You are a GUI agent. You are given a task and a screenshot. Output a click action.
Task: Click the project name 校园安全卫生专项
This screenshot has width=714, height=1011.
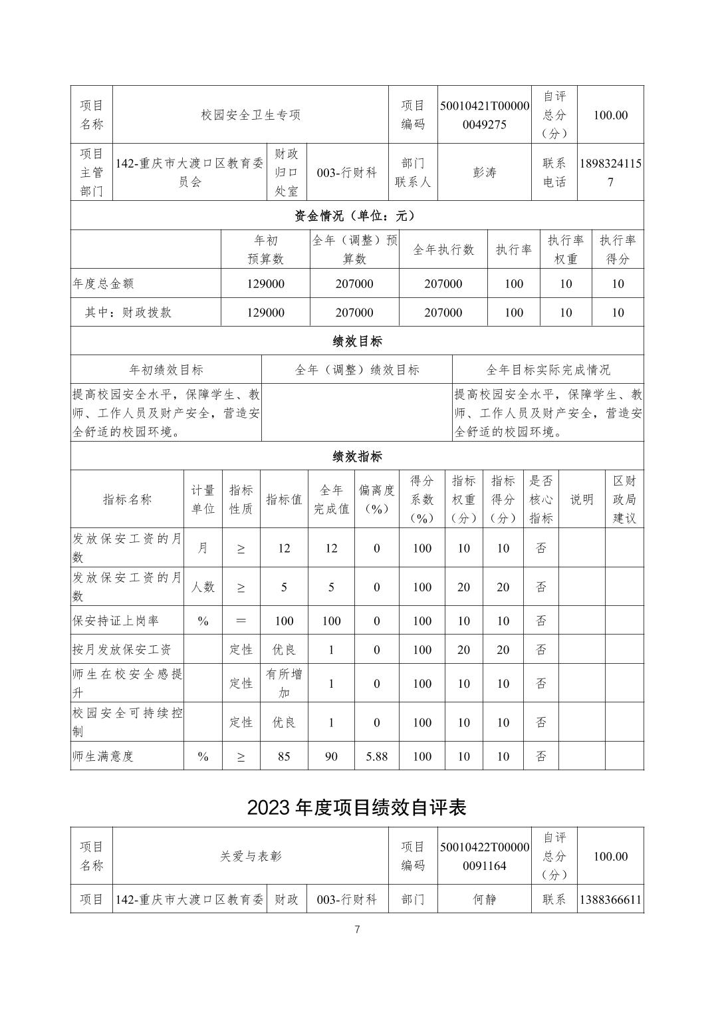pyautogui.click(x=251, y=115)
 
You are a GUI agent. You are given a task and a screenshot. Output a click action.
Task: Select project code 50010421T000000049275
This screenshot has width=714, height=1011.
pyautogui.click(x=485, y=115)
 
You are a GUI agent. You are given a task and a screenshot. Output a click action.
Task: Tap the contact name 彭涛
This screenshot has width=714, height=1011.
pyautogui.click(x=485, y=172)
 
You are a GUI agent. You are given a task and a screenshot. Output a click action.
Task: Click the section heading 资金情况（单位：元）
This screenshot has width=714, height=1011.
pyautogui.click(x=356, y=216)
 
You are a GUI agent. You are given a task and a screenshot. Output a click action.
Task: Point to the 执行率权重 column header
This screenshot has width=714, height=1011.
pyautogui.click(x=566, y=249)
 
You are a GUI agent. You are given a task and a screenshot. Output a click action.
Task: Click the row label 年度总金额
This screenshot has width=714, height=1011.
pyautogui.click(x=103, y=283)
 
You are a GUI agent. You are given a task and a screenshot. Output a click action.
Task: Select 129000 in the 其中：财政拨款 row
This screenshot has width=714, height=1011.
pyautogui.click(x=265, y=313)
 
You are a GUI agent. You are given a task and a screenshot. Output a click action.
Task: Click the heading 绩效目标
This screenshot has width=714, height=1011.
pyautogui.click(x=357, y=341)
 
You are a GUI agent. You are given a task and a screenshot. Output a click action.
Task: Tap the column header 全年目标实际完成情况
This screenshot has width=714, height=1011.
pyautogui.click(x=548, y=370)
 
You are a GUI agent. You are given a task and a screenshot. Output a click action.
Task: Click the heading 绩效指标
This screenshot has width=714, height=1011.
pyautogui.click(x=357, y=456)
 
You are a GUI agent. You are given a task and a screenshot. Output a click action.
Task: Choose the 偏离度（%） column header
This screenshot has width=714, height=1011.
pyautogui.click(x=376, y=500)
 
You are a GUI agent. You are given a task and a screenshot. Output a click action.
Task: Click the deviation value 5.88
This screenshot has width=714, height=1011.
pyautogui.click(x=376, y=756)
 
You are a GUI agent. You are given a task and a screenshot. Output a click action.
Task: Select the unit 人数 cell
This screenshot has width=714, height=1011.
pyautogui.click(x=203, y=587)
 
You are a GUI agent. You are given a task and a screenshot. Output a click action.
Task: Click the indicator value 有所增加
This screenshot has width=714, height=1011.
pyautogui.click(x=284, y=683)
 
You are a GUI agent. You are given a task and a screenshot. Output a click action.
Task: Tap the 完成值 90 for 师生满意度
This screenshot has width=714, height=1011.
pyautogui.click(x=331, y=756)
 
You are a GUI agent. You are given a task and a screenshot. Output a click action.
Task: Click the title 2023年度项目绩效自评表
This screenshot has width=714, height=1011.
pyautogui.click(x=357, y=807)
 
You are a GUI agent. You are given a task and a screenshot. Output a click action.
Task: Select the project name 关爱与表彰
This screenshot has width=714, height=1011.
pyautogui.click(x=251, y=857)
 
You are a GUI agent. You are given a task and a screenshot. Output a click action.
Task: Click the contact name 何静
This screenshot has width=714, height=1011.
pyautogui.click(x=485, y=900)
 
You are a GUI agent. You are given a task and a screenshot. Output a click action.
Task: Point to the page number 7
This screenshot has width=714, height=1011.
pyautogui.click(x=357, y=930)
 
